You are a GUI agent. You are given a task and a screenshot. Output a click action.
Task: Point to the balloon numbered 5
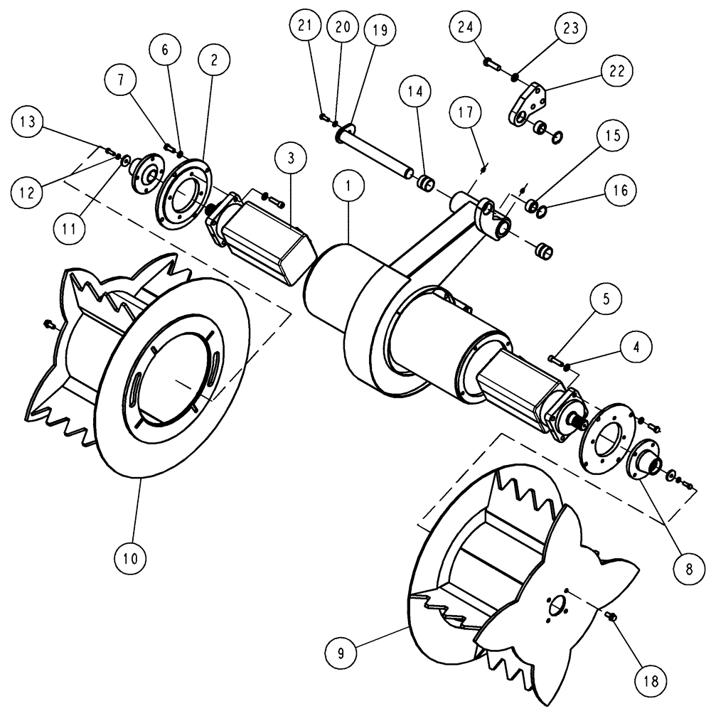(x=605, y=300)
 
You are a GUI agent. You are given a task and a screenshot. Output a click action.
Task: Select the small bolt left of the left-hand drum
(x=49, y=324)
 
